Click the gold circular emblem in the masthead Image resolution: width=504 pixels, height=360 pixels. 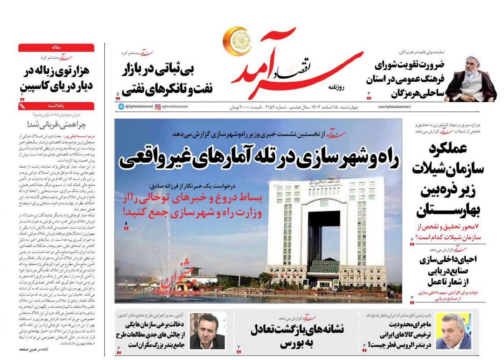pyautogui.click(x=235, y=42)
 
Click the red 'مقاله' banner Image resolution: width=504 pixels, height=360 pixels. pyautogui.click(x=56, y=48)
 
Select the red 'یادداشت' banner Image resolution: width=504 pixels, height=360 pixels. pyautogui.click(x=56, y=106)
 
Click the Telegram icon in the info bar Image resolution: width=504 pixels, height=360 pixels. pyautogui.click(x=121, y=107)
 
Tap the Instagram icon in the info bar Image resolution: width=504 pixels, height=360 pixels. pyautogui.click(x=158, y=107)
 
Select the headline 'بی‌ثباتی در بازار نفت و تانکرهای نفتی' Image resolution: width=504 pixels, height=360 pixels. pyautogui.click(x=168, y=79)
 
